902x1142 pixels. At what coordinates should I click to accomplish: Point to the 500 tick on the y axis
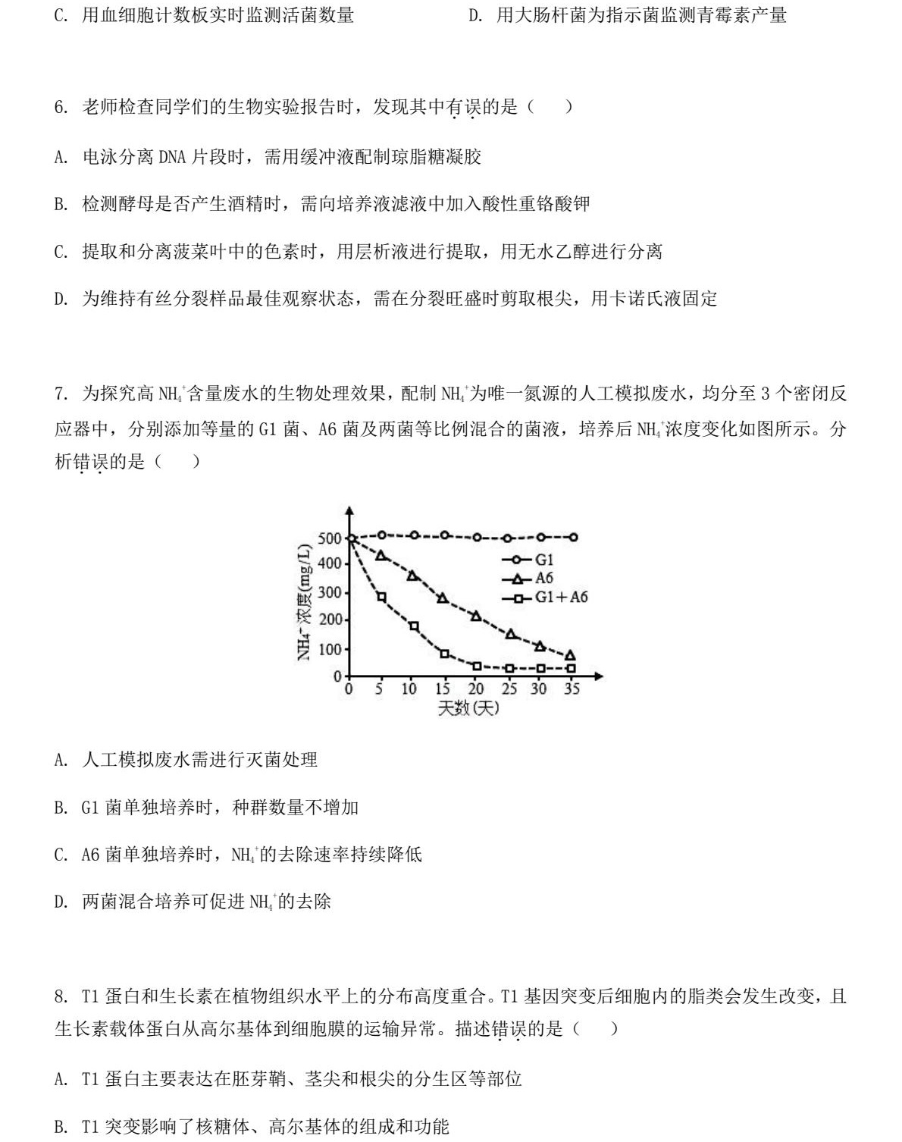point(330,538)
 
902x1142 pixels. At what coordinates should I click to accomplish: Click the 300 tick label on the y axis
point(330,592)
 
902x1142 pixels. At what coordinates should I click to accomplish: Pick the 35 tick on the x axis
point(572,689)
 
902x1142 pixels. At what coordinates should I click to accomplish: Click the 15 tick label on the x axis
point(443,689)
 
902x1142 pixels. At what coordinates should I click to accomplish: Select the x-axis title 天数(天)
point(468,709)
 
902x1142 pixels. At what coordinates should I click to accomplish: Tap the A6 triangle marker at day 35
point(570,656)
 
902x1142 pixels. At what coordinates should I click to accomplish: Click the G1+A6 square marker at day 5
point(381,597)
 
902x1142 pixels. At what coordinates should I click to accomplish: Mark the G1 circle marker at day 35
point(574,537)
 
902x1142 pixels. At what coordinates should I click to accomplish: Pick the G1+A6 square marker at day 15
point(444,654)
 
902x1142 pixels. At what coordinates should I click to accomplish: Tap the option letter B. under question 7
point(61,808)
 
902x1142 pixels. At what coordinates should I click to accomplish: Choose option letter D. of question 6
point(61,299)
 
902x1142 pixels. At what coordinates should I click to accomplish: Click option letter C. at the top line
point(61,15)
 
